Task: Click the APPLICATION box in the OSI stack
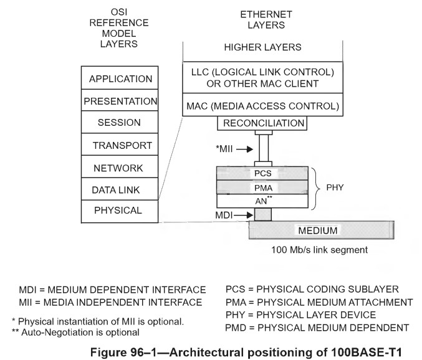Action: [x=121, y=79]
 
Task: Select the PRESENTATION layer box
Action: [x=121, y=101]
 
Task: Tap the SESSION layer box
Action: [x=121, y=123]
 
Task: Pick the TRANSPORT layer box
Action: [x=121, y=145]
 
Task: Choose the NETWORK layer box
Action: [x=121, y=168]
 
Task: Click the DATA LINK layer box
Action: [x=121, y=189]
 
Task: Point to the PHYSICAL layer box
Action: [x=121, y=211]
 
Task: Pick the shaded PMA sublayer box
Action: [x=262, y=186]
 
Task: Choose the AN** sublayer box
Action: [x=262, y=201]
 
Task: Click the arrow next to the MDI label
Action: [x=244, y=215]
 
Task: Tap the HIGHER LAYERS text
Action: [x=262, y=47]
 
